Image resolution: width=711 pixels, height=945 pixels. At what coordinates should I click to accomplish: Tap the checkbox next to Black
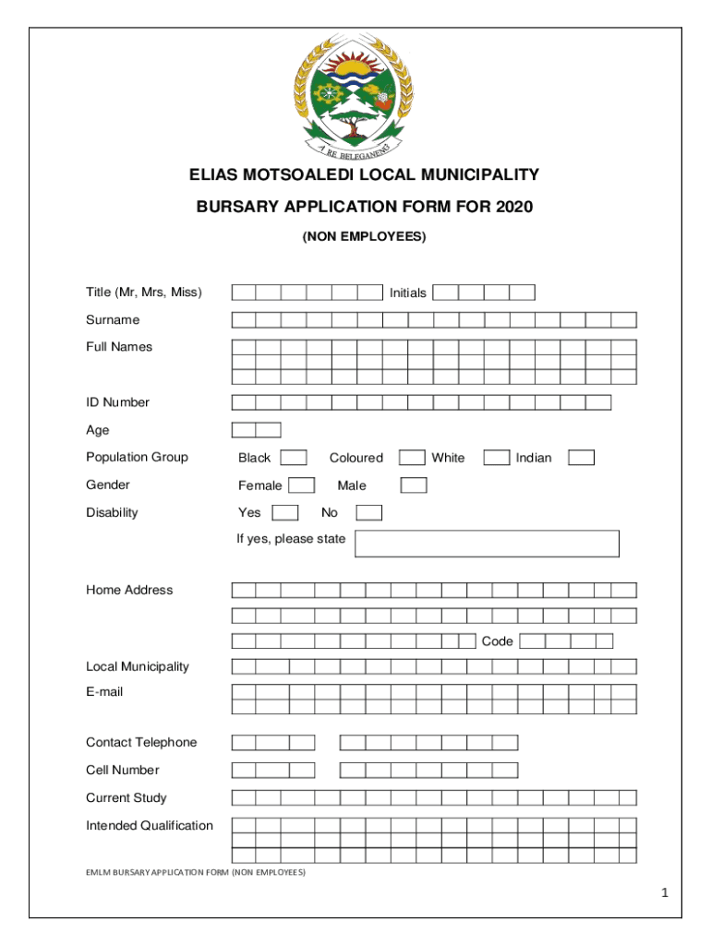coord(294,458)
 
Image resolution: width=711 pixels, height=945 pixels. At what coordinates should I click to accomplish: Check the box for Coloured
coord(411,458)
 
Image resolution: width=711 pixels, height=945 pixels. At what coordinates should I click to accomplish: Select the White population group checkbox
coord(496,458)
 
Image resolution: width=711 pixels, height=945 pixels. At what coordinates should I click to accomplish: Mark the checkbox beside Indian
coord(581,458)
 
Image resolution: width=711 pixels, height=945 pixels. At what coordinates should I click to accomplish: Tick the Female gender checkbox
coord(301,485)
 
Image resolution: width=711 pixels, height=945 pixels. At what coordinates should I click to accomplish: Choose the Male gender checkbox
coord(414,485)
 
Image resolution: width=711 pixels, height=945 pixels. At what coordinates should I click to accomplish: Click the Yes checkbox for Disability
coord(284,513)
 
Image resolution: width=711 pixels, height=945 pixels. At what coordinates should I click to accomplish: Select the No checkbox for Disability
coord(368,513)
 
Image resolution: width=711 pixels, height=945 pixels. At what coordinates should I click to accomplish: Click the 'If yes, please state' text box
coord(487,544)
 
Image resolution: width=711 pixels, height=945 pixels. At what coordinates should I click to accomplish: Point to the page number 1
coord(664,893)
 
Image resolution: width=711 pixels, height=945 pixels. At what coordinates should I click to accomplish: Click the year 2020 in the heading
coord(513,207)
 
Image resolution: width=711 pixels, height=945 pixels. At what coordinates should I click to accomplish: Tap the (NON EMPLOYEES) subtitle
coord(364,237)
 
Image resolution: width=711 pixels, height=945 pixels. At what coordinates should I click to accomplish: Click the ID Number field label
coord(117,402)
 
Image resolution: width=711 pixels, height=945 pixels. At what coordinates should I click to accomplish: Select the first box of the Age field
coord(244,430)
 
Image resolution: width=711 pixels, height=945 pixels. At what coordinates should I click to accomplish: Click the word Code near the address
coord(497,641)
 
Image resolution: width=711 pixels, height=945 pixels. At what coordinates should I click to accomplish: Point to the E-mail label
coord(104,691)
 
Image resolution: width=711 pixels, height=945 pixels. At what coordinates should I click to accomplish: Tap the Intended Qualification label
coord(150,826)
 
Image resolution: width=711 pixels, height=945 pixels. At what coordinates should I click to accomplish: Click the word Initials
coord(407,293)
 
